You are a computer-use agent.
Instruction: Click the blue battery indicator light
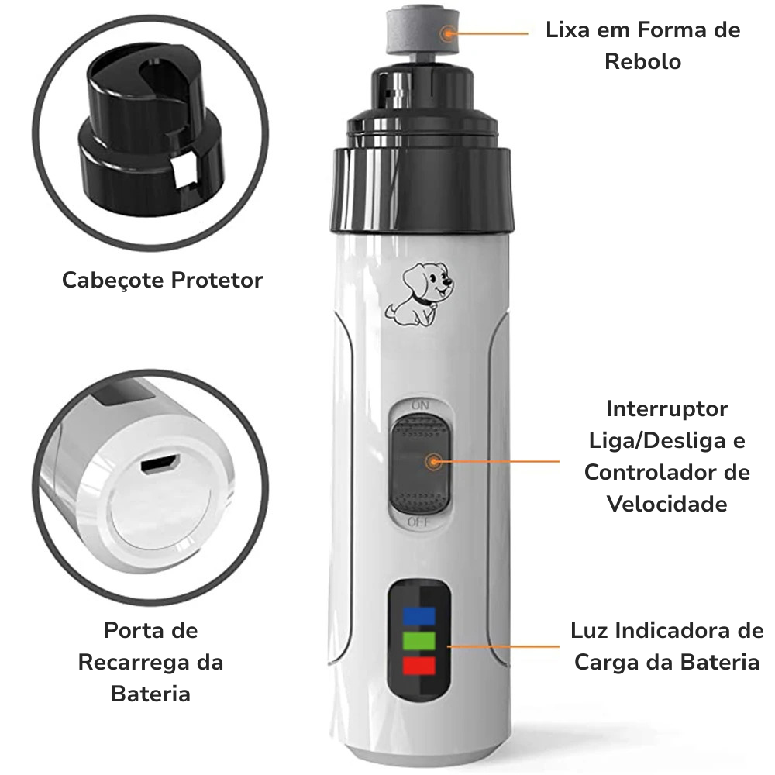(x=419, y=616)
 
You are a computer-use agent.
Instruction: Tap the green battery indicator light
(x=419, y=641)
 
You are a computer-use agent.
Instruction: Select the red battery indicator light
(x=419, y=665)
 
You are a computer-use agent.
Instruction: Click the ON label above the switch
(x=420, y=405)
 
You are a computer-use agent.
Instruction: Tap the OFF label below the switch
(x=419, y=522)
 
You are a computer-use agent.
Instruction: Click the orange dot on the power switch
(x=433, y=462)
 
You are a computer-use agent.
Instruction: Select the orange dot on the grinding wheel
(x=448, y=33)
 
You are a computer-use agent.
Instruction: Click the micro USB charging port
(x=159, y=463)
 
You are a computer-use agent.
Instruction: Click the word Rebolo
(x=643, y=62)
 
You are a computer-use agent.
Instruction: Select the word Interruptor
(x=666, y=409)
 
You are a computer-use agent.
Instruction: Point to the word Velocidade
(x=666, y=505)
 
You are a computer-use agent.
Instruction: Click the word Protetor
(x=217, y=281)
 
